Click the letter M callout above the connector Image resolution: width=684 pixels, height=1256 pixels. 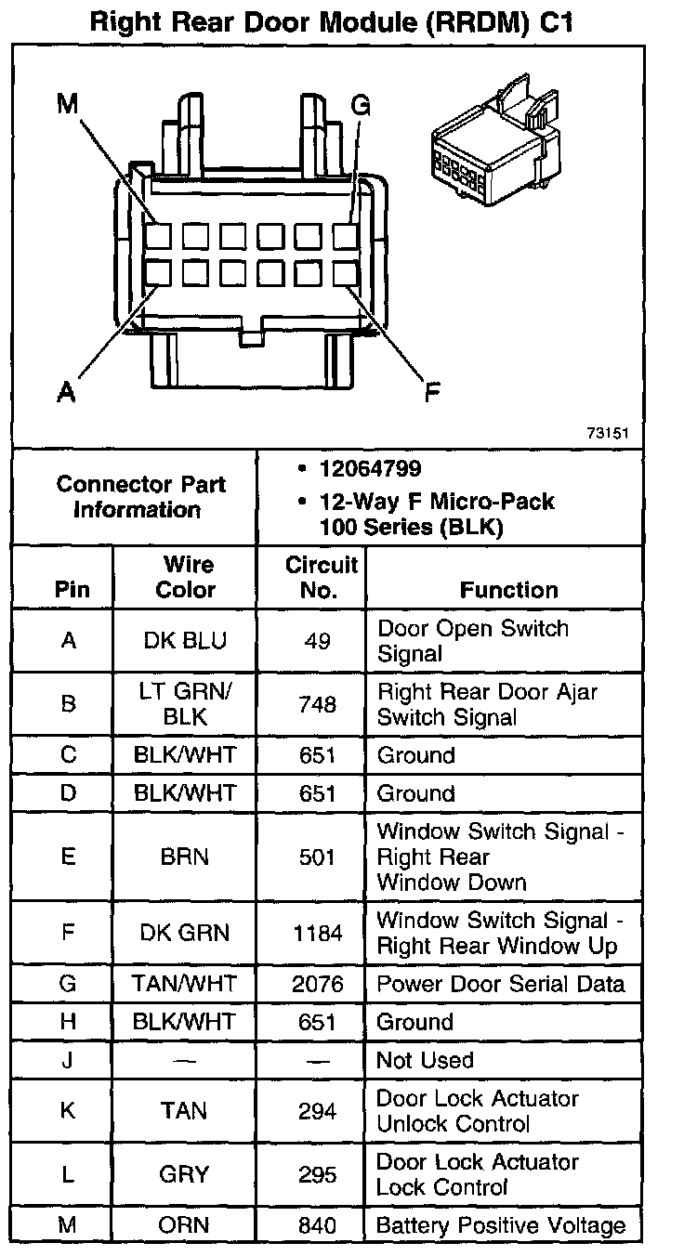[67, 104]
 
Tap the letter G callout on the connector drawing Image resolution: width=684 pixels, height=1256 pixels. [360, 105]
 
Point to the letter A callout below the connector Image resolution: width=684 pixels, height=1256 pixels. [65, 393]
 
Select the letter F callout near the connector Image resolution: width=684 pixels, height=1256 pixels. [432, 393]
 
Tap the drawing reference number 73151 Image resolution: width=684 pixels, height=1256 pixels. [608, 433]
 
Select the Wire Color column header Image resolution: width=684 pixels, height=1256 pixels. [185, 577]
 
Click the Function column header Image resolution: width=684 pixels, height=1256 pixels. [509, 590]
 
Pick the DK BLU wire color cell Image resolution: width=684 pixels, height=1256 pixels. [185, 641]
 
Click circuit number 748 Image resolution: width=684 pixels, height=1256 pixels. [317, 704]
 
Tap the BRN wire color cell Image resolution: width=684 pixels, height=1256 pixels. [185, 857]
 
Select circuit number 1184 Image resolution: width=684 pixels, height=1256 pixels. [317, 933]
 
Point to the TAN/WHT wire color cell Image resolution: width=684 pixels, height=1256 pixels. [185, 984]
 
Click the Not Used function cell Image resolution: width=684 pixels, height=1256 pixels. [425, 1060]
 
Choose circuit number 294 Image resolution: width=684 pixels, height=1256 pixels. [317, 1111]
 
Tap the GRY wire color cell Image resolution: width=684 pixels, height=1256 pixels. [185, 1174]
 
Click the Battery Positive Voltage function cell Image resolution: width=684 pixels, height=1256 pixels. [500, 1225]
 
